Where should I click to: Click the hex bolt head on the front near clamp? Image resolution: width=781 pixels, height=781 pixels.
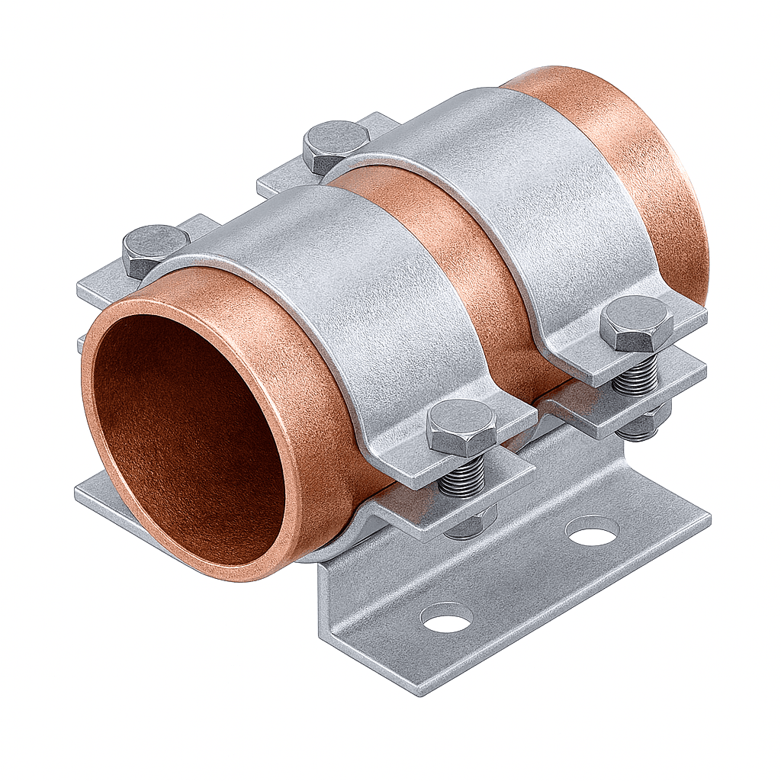461,428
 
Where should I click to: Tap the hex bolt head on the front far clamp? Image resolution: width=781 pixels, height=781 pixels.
637,323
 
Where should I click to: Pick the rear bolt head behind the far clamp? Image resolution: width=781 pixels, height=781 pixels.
336,145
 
